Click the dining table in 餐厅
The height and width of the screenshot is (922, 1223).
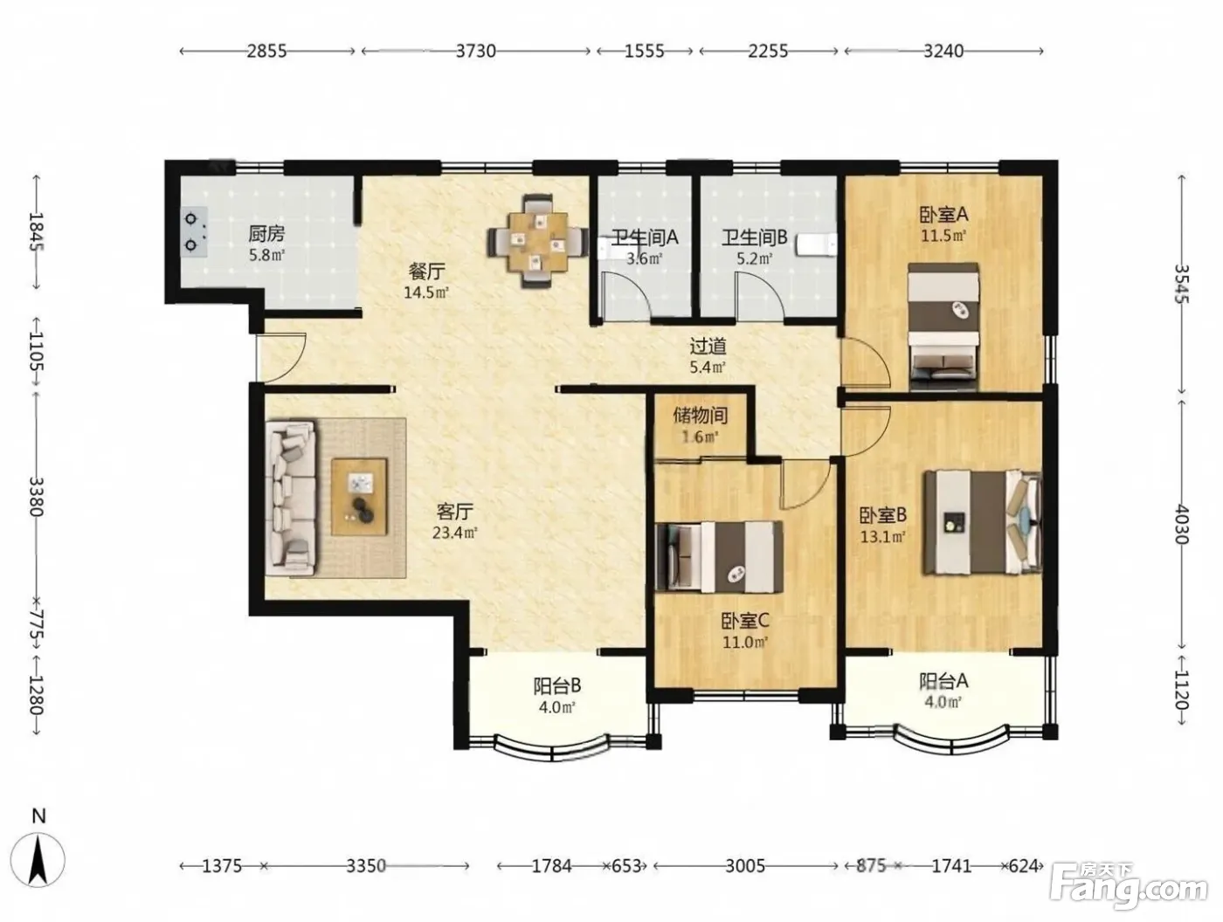[x=537, y=241]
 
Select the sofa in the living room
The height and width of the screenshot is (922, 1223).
[x=290, y=498]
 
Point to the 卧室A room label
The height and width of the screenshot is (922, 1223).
[x=943, y=215]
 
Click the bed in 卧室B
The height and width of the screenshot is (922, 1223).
[x=983, y=522]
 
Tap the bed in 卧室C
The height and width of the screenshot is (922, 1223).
[x=719, y=557]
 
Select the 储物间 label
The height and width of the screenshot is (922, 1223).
[x=701, y=415]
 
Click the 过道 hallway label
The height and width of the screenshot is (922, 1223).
[x=708, y=347]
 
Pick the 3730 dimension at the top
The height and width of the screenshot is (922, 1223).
[x=475, y=52]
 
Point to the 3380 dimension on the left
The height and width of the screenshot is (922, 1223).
[x=37, y=496]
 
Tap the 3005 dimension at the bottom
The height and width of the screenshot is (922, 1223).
[x=745, y=866]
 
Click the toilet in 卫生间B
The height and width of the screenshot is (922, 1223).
[x=816, y=245]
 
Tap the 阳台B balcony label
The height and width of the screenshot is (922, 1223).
[x=557, y=686]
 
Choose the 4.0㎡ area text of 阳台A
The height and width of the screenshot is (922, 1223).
[x=943, y=701]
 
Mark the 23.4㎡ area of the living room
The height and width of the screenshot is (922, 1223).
[x=454, y=533]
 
